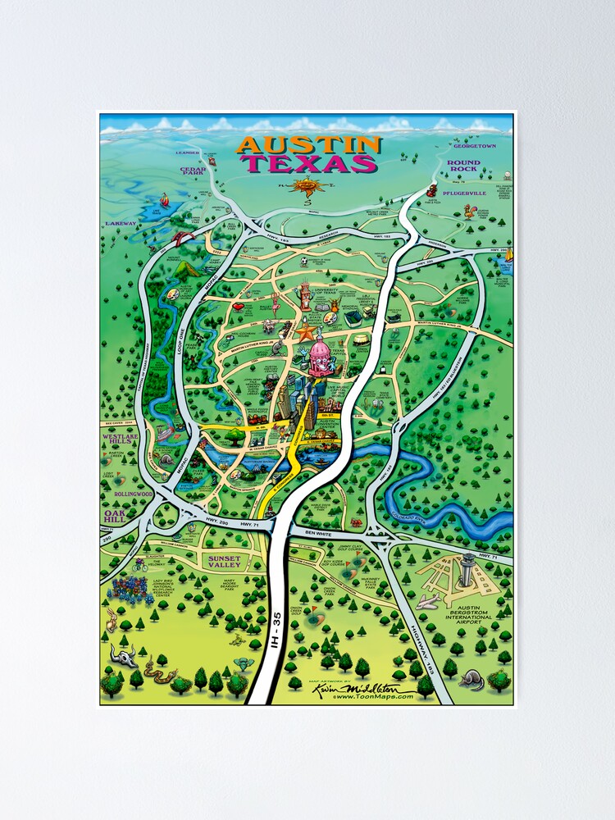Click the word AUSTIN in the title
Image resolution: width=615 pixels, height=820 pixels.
(x=308, y=145)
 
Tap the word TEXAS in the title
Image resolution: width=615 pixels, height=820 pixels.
(x=309, y=163)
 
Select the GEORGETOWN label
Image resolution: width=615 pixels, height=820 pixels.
(x=475, y=146)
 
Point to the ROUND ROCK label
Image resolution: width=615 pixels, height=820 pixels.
(x=463, y=167)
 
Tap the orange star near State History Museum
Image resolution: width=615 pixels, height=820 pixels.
(x=307, y=333)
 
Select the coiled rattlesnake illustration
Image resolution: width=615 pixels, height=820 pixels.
(x=155, y=672)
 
